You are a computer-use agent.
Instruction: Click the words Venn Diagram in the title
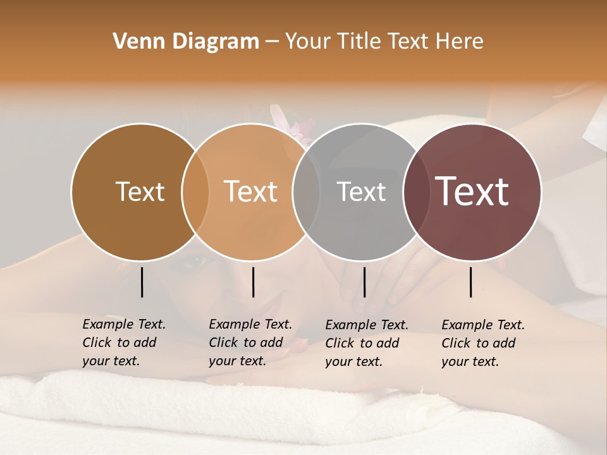[186, 42]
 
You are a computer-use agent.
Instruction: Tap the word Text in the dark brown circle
[140, 191]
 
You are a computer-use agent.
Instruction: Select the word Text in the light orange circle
[251, 191]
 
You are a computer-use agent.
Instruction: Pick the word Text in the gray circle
[361, 191]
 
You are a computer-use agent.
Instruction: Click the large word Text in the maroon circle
[472, 191]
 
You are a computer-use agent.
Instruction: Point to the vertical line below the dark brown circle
[142, 282]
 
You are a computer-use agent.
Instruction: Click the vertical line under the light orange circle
[253, 282]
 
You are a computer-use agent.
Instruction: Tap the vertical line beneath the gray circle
[364, 282]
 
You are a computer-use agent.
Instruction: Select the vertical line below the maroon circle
[471, 282]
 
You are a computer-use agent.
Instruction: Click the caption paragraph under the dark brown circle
[124, 343]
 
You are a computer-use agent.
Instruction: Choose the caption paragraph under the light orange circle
[250, 343]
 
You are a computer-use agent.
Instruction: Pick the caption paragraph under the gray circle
[367, 343]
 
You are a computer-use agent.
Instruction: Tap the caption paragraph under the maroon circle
[483, 343]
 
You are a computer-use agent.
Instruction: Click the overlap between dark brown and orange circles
[195, 191]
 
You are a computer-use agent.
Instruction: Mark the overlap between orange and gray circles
[306, 191]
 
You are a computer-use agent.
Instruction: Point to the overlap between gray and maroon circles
[417, 191]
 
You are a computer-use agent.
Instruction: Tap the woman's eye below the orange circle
[190, 260]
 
